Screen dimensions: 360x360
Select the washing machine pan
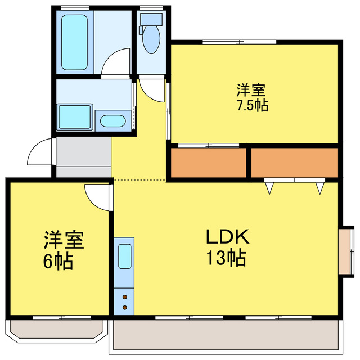75,116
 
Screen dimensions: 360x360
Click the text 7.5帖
251,105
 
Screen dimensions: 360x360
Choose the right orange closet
294,163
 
